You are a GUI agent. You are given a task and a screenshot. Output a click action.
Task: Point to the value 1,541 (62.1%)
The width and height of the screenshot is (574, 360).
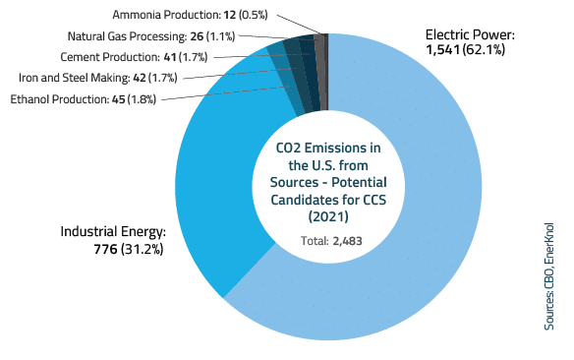pos(464,49)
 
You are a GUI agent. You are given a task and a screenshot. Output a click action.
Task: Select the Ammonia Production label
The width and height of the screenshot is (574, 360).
pos(186,15)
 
